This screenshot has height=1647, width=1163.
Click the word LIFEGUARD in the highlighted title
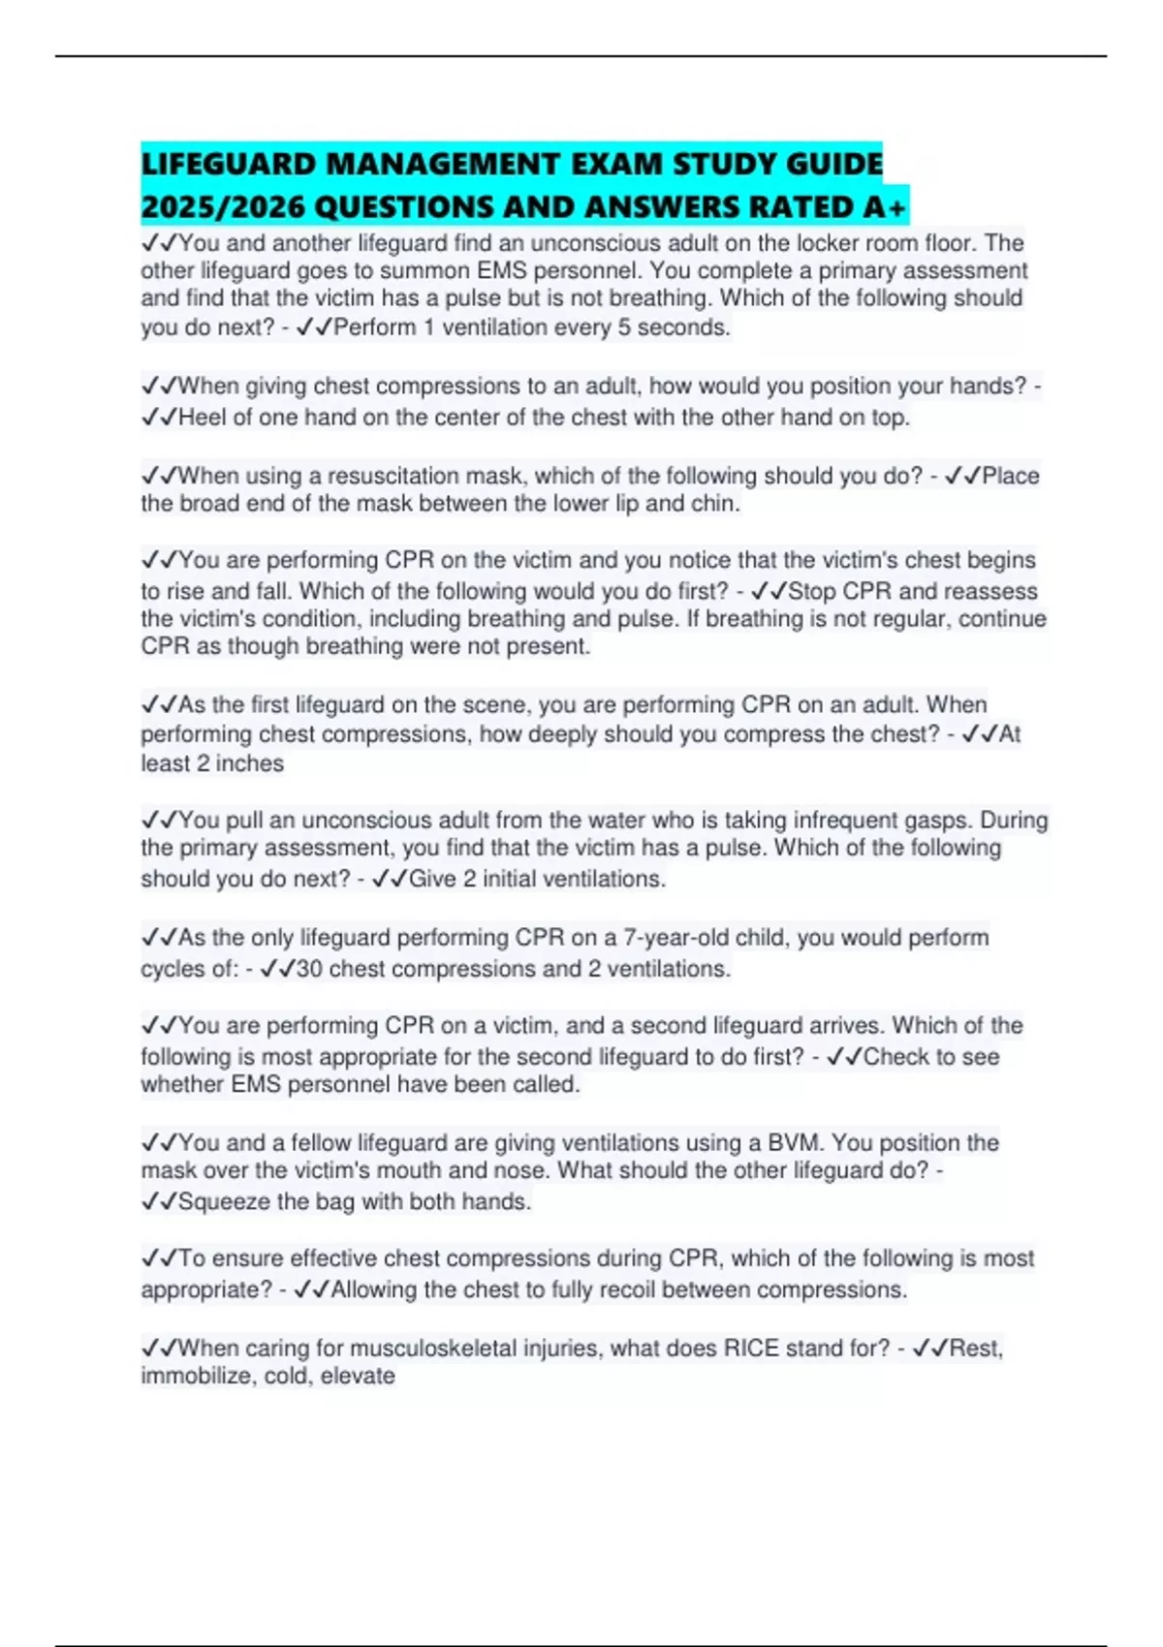point(229,164)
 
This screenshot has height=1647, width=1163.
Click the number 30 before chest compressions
point(309,969)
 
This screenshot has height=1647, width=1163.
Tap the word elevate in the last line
point(358,1377)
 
